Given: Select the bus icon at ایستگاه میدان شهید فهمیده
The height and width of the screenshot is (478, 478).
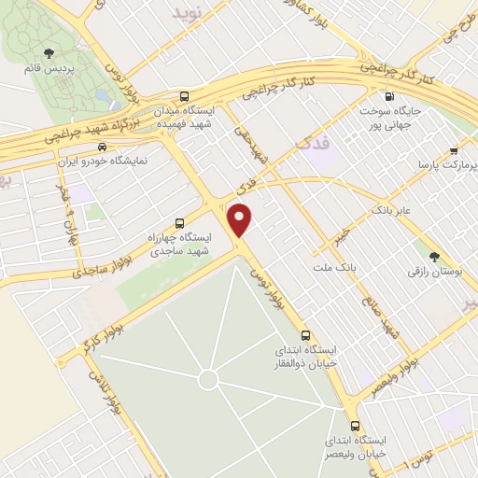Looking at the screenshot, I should pos(184,96).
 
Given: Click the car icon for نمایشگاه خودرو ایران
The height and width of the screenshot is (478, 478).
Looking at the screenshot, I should pos(102,147).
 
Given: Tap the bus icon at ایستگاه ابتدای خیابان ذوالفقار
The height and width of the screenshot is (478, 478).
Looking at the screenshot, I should pos(305,335).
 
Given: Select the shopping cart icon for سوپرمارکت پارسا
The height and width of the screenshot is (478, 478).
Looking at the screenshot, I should pos(453,150).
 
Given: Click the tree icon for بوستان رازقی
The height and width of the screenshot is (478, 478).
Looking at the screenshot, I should pos(433,256).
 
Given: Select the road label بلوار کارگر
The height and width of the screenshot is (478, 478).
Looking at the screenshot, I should pos(103,329).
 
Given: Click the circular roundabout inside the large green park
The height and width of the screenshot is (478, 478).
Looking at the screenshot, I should pos(208,379).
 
